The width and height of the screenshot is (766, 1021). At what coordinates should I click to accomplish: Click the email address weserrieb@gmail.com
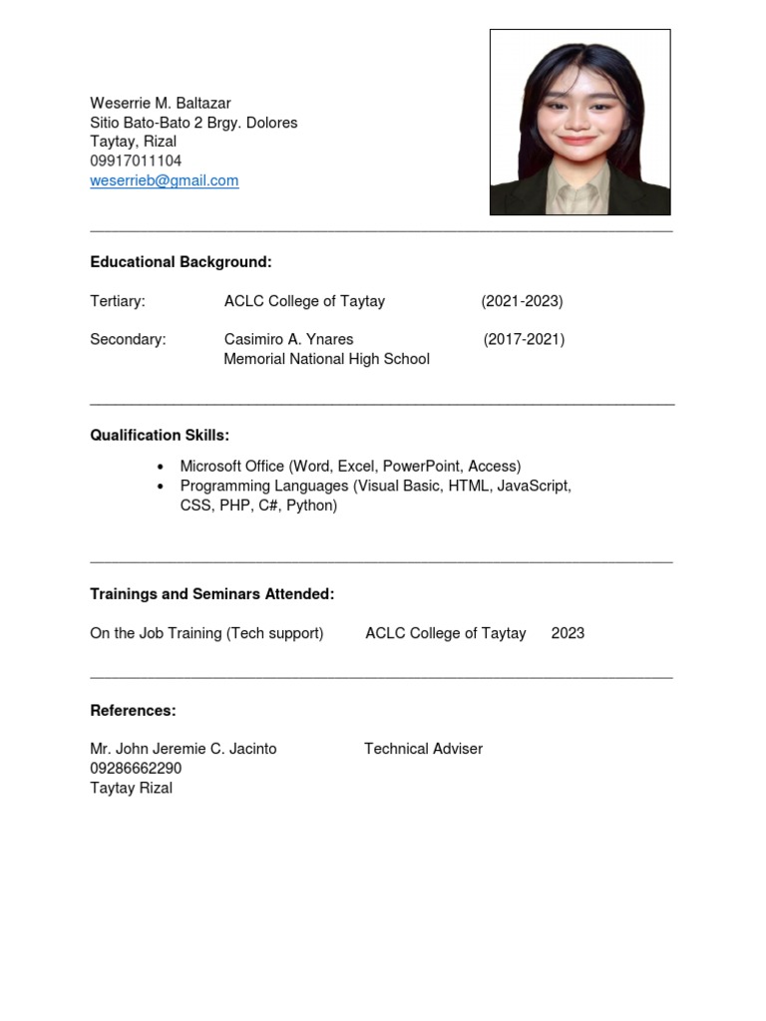[165, 180]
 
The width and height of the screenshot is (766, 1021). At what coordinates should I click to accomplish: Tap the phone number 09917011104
[136, 161]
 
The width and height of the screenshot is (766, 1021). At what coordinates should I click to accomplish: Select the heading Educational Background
[181, 262]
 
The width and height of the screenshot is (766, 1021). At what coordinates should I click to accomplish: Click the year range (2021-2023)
[522, 301]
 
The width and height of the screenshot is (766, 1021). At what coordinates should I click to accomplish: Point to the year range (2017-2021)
[524, 339]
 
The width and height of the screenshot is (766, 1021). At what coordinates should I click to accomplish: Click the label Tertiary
[118, 301]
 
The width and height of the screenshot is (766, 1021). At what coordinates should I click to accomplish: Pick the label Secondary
[128, 339]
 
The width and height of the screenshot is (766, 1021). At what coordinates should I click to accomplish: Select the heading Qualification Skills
[160, 435]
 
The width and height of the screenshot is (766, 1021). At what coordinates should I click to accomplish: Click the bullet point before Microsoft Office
[161, 467]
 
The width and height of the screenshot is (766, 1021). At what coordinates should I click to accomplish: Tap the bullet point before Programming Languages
[161, 487]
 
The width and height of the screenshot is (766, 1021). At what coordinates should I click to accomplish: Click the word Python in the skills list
[311, 506]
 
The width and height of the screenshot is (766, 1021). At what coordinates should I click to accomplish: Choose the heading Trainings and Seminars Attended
[212, 594]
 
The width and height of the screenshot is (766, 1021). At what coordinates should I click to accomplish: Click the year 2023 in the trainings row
[568, 633]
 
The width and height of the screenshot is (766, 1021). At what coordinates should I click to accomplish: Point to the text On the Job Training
[157, 633]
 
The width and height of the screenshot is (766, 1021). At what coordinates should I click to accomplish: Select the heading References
[133, 711]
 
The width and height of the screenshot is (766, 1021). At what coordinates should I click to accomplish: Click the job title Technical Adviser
[423, 749]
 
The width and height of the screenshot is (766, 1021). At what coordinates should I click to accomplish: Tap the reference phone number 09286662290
[136, 769]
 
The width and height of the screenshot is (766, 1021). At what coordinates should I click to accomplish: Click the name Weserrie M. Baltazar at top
[160, 104]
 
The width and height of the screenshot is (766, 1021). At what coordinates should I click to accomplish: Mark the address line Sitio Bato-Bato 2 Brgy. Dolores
[193, 123]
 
